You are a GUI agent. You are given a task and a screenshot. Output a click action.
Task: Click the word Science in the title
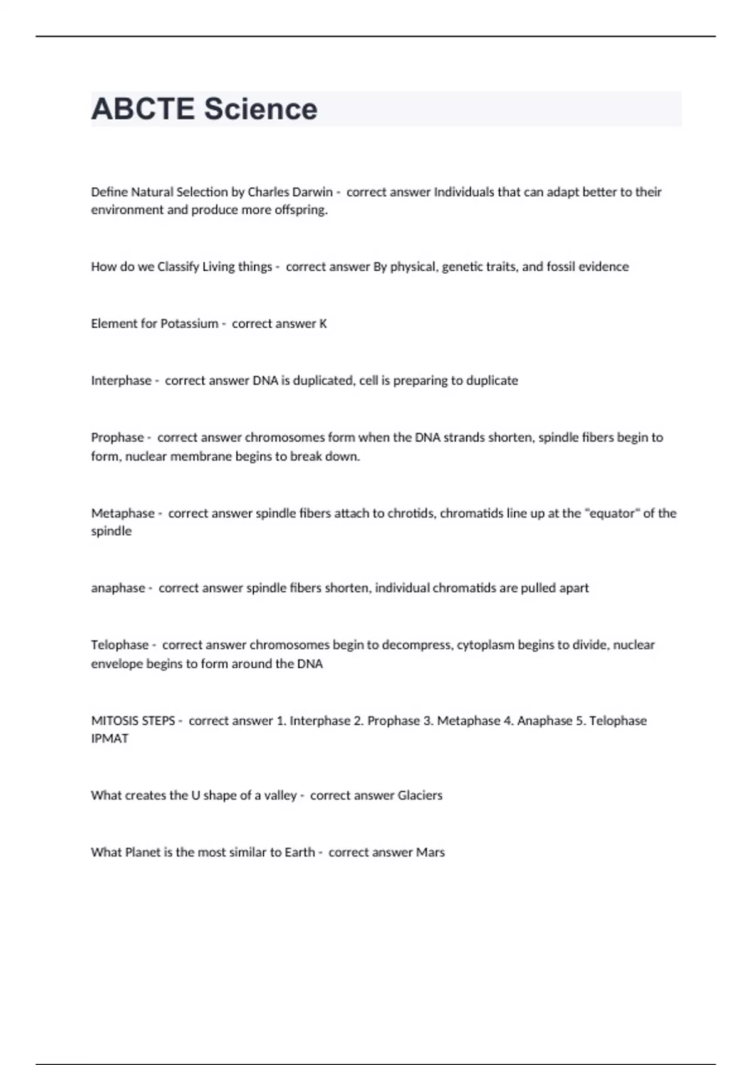[x=261, y=109]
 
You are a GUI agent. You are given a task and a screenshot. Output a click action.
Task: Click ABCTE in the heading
[x=143, y=109]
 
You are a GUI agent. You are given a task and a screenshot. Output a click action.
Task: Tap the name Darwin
[x=312, y=192]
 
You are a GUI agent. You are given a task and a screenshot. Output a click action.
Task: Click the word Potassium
[x=189, y=324]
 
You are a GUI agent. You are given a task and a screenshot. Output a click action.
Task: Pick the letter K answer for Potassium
[x=323, y=324]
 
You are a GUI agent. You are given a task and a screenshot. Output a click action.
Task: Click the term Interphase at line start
[x=121, y=381]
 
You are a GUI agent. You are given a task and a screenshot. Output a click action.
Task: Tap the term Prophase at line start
[x=117, y=437]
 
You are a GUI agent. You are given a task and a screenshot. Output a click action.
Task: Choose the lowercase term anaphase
[x=118, y=588]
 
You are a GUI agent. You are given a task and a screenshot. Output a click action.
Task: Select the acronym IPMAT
[x=110, y=739]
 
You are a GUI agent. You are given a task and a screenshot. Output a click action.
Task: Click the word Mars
[x=431, y=853]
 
